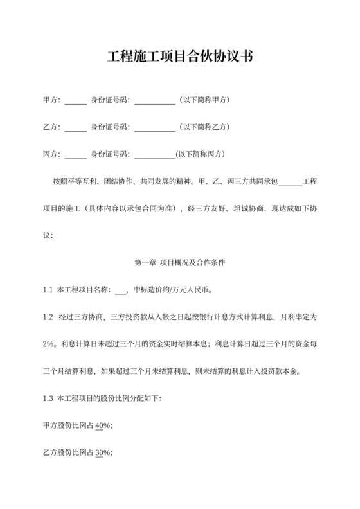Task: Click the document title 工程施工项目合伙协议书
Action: tap(179, 58)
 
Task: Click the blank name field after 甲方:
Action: tap(76, 101)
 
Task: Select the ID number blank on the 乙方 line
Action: tap(154, 128)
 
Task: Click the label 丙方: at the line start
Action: tap(52, 155)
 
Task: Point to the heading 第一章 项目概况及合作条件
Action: tap(179, 263)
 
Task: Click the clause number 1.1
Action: tap(48, 290)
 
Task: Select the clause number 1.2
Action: tap(48, 317)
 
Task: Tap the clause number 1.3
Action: tap(48, 398)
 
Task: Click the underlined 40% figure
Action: tap(102, 425)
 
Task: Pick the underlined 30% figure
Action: tap(102, 452)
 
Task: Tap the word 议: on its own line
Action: tap(48, 236)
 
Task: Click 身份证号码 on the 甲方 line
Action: tap(110, 101)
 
